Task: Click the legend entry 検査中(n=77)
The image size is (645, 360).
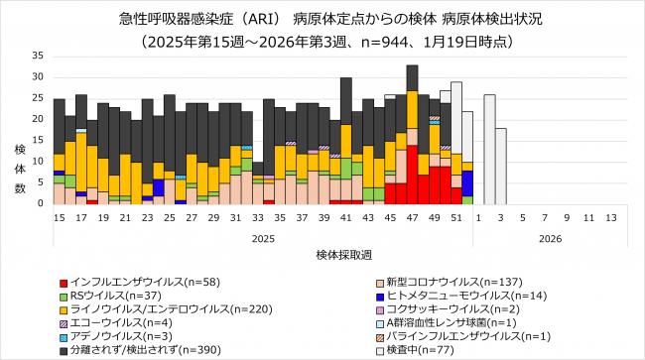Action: pos(412,349)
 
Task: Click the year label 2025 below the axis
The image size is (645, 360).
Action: pos(263,238)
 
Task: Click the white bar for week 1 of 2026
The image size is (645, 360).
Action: pos(489,149)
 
